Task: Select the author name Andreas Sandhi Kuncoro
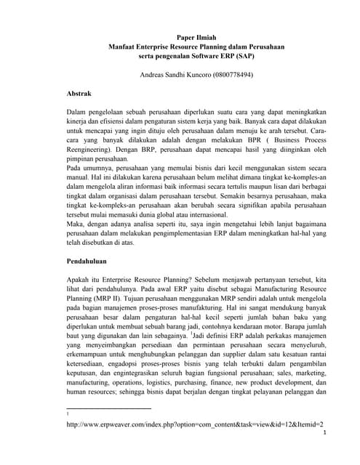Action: tap(174, 74)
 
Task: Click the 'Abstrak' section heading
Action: tap(79, 94)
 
